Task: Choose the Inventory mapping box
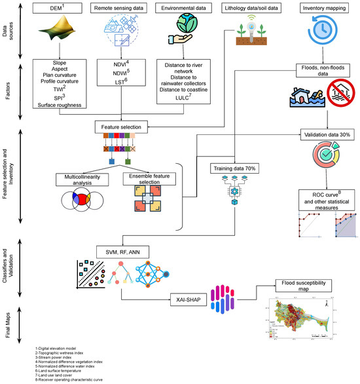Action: point(325,9)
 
